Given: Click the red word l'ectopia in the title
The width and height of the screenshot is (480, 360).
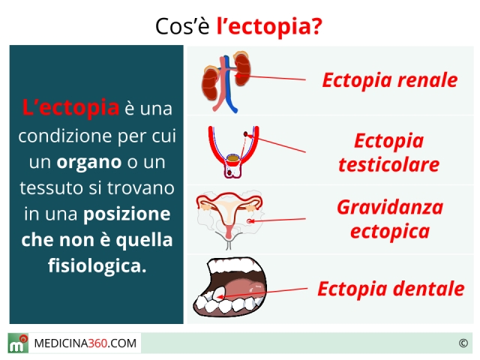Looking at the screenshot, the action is tap(269, 27).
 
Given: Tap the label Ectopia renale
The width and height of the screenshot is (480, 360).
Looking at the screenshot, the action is tap(390, 80).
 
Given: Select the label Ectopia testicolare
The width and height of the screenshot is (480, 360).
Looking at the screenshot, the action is tap(389, 153).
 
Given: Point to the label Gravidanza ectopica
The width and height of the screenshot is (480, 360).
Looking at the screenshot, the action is tap(390, 219).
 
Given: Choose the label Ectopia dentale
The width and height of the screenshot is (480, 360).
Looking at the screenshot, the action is tap(391, 289).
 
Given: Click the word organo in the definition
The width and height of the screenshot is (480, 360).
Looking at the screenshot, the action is tap(89, 163).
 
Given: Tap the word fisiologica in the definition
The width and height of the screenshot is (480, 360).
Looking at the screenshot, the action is tap(97, 265).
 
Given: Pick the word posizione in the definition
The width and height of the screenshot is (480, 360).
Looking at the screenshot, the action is tap(127, 214).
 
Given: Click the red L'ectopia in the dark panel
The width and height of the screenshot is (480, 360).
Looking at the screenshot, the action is tap(70, 107).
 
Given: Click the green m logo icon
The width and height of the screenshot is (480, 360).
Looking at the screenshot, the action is tap(18, 343).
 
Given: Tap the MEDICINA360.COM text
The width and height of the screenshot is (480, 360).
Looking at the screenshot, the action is tap(85, 343).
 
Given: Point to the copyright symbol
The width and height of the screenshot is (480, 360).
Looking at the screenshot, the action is tap(463, 343).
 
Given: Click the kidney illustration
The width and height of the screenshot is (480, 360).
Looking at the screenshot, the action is tap(226, 82).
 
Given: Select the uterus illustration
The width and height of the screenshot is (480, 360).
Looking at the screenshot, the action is tap(229, 220).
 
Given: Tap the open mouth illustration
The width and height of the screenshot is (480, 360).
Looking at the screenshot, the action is tap(229, 287).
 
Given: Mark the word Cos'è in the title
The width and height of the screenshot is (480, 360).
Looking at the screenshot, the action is tap(182, 27).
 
